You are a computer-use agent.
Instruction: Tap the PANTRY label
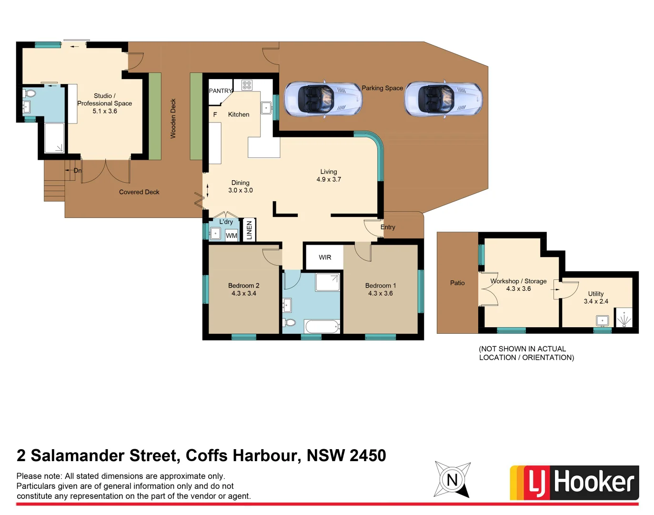point(221,91)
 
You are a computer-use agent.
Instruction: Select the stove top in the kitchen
point(246,85)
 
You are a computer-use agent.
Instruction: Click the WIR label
point(325,257)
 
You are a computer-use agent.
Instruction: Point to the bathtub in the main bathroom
point(322,327)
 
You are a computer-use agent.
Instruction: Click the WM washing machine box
point(231,236)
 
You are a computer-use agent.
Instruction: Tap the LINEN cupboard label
point(249,230)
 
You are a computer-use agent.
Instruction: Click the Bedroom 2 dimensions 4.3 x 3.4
point(244,293)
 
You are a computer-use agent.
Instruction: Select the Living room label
point(329,172)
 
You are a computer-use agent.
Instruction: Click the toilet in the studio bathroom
point(30,93)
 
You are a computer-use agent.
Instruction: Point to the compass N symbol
point(452,479)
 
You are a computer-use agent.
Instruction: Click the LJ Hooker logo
point(574,483)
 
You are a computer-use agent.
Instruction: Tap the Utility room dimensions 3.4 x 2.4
point(596,301)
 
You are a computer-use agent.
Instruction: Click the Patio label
point(457,283)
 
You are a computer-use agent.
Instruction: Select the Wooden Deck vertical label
point(173,119)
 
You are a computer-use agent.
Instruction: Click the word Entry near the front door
point(388,227)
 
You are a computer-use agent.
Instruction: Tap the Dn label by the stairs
point(77,170)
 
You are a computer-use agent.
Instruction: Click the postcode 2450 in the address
point(368,455)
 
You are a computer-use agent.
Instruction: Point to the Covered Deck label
point(139,192)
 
